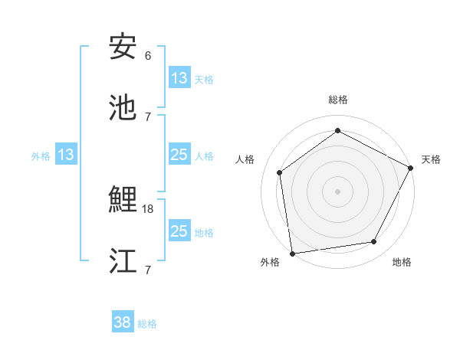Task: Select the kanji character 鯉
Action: pyautogui.click(x=123, y=200)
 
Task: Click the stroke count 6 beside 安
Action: pyautogui.click(x=148, y=56)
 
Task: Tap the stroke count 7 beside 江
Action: pyautogui.click(x=148, y=270)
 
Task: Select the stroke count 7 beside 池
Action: pyautogui.click(x=148, y=116)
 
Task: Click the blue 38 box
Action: pyautogui.click(x=123, y=322)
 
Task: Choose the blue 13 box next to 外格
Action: pyautogui.click(x=66, y=155)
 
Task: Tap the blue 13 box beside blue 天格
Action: pyautogui.click(x=179, y=78)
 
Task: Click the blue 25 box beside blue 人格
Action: pyautogui.click(x=179, y=155)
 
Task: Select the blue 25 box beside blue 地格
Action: pyautogui.click(x=179, y=231)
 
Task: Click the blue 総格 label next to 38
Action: pyautogui.click(x=147, y=324)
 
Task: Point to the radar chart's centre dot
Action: pyautogui.click(x=337, y=191)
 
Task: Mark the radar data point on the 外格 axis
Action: pyautogui.click(x=291, y=253)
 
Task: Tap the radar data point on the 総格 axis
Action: pyautogui.click(x=337, y=131)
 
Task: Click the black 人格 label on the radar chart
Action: pyautogui.click(x=245, y=159)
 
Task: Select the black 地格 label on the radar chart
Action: pyautogui.click(x=402, y=262)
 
